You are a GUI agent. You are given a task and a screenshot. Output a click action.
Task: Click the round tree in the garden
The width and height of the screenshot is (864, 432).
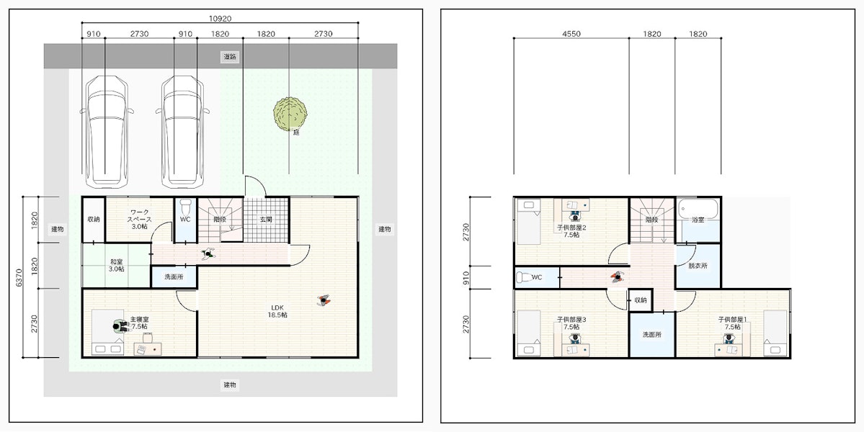pos(290,114)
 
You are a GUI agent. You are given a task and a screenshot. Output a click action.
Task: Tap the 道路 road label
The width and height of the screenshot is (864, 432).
pos(231,56)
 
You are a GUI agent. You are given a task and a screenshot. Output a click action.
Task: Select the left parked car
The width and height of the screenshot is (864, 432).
pos(107,130)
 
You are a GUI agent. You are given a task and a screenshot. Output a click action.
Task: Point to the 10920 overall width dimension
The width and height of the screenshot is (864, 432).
pos(220,18)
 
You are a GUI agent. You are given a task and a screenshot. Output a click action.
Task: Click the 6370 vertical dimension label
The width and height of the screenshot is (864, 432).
pos(19,276)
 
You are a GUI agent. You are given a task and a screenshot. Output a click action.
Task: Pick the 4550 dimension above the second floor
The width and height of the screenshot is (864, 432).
pos(571,34)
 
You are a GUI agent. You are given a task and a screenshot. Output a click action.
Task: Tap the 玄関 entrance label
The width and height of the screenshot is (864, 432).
pos(266,219)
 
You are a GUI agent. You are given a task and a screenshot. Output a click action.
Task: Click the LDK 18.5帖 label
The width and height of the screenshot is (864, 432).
pos(278,312)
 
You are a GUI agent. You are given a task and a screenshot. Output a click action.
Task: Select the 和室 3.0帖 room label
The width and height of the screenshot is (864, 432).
pos(116,265)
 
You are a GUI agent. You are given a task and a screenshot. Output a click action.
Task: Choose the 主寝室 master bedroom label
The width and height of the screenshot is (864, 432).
pos(138,322)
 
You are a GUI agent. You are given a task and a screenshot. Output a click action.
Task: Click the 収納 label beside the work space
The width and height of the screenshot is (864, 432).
pos(93,219)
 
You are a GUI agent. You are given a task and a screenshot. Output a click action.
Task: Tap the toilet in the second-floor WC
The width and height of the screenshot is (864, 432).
pos(525,277)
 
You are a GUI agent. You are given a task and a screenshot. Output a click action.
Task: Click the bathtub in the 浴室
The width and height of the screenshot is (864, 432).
pos(698,208)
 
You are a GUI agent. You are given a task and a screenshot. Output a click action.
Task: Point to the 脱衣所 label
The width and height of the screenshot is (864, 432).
pos(698,265)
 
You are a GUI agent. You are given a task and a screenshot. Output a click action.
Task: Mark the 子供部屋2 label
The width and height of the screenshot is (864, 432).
pos(571,230)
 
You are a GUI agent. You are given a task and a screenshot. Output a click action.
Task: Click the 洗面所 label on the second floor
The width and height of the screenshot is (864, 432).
pos(652,334)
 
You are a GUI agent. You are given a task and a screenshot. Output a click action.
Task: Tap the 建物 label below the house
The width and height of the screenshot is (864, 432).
pos(231,384)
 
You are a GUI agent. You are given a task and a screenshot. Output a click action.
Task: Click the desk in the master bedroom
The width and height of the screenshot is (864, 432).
pos(148,349)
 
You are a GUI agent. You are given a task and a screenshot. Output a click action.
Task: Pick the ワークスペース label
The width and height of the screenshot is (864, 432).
pos(139,219)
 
